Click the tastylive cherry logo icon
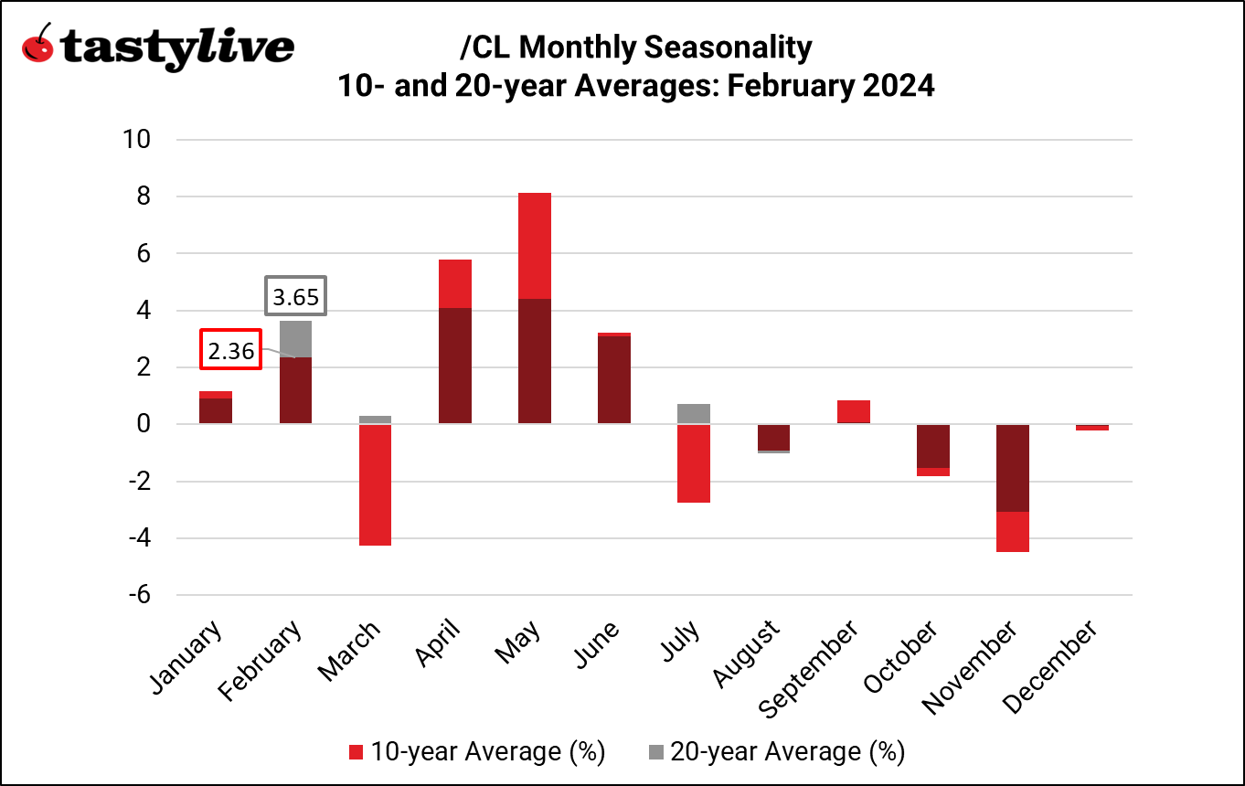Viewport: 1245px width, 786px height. tap(37, 45)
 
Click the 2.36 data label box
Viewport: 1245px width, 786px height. tap(231, 350)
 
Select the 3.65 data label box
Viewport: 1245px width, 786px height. tap(296, 297)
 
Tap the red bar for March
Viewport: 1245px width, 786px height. tap(375, 484)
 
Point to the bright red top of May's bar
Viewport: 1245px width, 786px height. tap(535, 245)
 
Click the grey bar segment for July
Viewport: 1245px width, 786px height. tap(695, 413)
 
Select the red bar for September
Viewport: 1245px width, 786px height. tap(854, 411)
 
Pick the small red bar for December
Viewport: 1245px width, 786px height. tap(1092, 427)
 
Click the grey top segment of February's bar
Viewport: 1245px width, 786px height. tap(295, 338)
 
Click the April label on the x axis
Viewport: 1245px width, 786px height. tap(440, 643)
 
